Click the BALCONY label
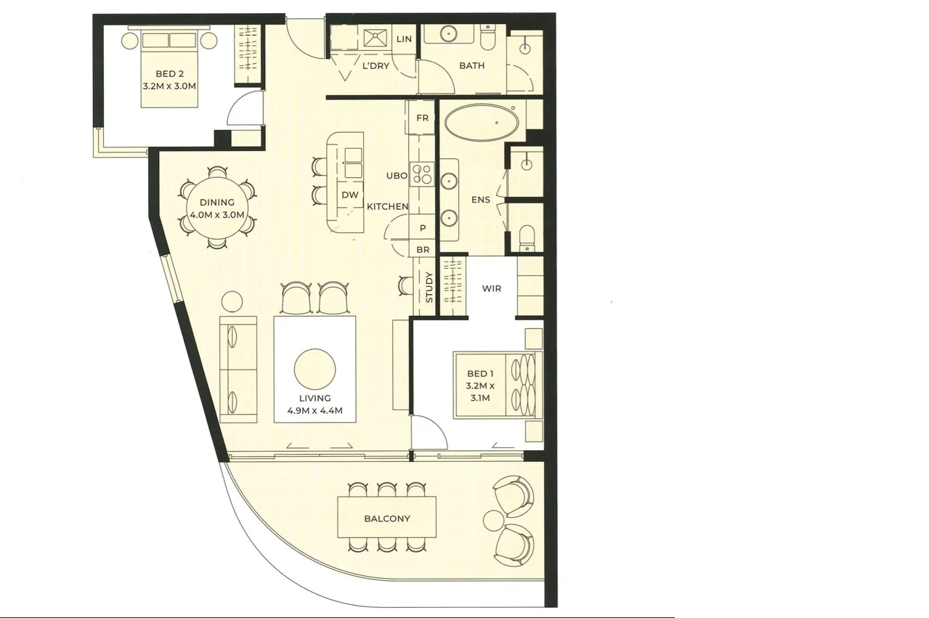tap(387, 519)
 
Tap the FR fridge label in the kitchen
tap(422, 118)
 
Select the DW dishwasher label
tap(349, 195)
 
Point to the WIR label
tap(492, 288)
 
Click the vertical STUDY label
tap(429, 288)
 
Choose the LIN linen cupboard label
tap(404, 39)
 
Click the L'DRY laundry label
tap(376, 65)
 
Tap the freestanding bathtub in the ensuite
tap(481, 123)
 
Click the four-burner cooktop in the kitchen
tap(422, 174)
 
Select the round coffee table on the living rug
tap(315, 369)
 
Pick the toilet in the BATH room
tap(487, 37)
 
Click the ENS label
tap(481, 200)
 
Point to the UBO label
tap(397, 176)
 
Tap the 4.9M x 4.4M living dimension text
tap(315, 411)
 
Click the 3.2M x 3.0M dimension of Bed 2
tap(169, 86)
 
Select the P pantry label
tap(423, 228)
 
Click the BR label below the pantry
tap(423, 250)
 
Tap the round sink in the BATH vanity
tap(449, 34)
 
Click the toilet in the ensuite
tap(527, 238)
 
